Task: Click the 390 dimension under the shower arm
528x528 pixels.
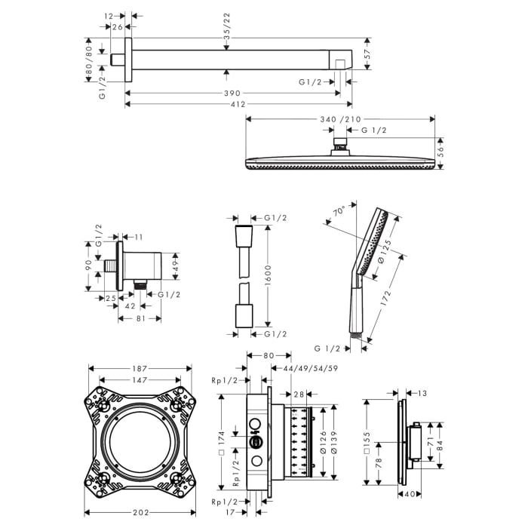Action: click(232, 92)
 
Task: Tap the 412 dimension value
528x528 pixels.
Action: click(238, 104)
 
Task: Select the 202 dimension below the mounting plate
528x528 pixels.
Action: click(140, 512)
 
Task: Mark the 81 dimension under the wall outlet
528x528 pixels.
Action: click(139, 318)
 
